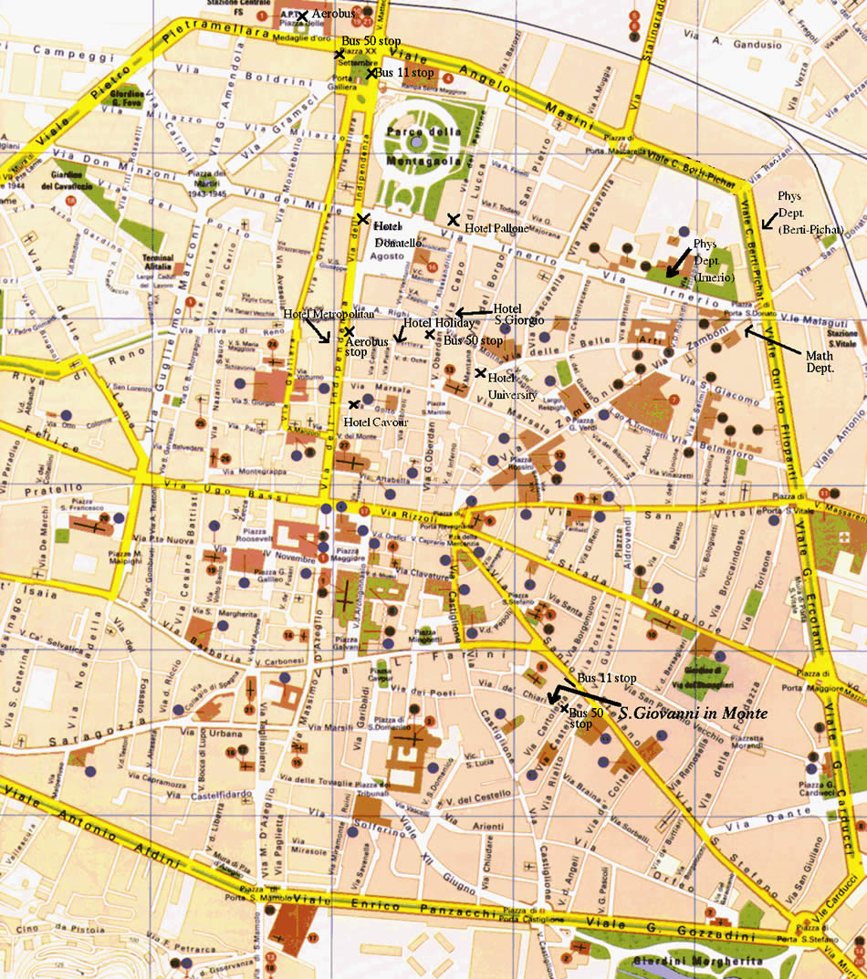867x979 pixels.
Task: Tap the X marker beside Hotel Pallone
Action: (453, 219)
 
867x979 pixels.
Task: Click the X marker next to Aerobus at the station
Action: (302, 16)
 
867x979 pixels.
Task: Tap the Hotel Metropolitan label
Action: (317, 315)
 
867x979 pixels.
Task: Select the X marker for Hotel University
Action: (480, 372)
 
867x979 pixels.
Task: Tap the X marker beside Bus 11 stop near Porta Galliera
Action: (371, 73)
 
